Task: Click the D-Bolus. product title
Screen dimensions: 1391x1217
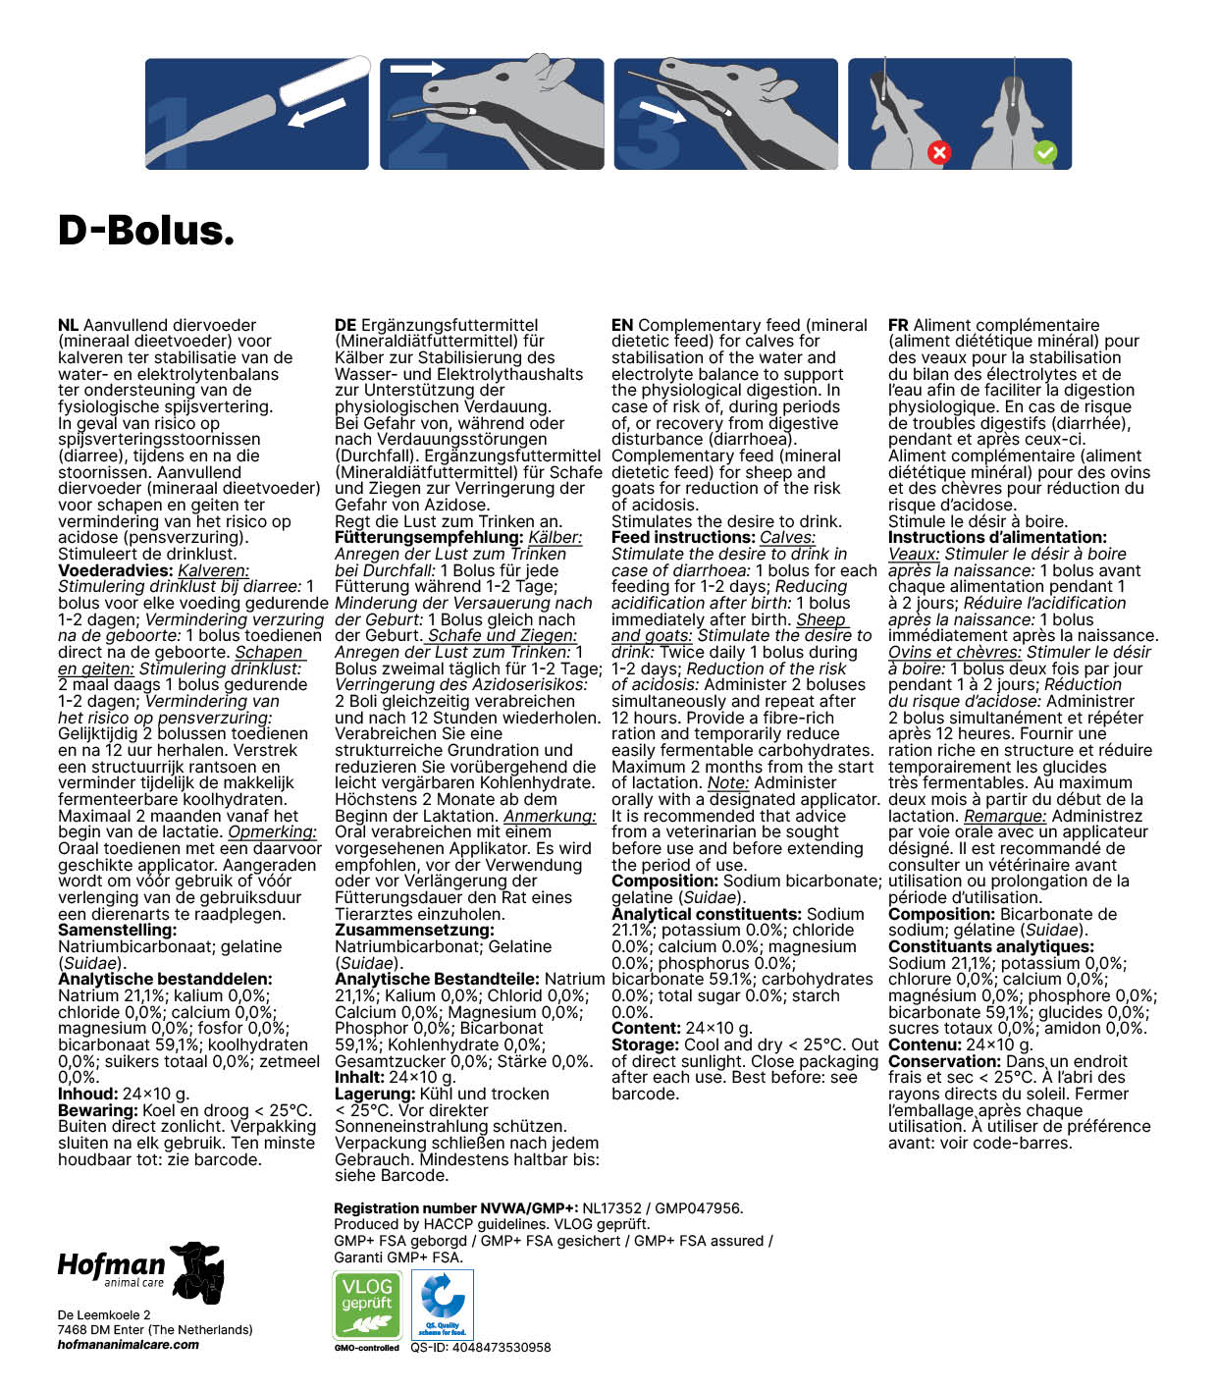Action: pyautogui.click(x=146, y=231)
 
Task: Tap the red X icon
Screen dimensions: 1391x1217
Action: pyautogui.click(x=939, y=152)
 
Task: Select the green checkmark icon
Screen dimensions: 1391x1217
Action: pyautogui.click(x=1045, y=152)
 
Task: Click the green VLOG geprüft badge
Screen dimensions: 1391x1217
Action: pyautogui.click(x=368, y=1304)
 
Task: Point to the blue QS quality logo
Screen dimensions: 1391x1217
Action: pyautogui.click(x=443, y=1304)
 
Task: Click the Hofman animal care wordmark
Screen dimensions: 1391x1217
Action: pyautogui.click(x=111, y=1267)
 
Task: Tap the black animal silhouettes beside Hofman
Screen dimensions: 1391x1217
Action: pyautogui.click(x=197, y=1272)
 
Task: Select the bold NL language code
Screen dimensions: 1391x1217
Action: pyautogui.click(x=68, y=325)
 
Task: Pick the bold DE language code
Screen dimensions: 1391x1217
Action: pyautogui.click(x=344, y=325)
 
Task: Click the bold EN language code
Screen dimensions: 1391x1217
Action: pyautogui.click(x=622, y=325)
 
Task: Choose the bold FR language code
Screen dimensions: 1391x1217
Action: pyautogui.click(x=898, y=325)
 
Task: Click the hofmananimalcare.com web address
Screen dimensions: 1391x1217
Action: pyautogui.click(x=128, y=1345)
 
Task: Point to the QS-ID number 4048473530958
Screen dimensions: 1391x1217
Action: pyautogui.click(x=481, y=1348)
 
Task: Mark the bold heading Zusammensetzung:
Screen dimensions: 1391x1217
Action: pyautogui.click(x=414, y=930)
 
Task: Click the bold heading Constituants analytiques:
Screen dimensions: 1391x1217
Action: pyautogui.click(x=990, y=946)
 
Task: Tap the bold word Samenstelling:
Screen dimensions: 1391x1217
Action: pyautogui.click(x=118, y=930)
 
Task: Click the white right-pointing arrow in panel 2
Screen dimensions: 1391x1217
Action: pyautogui.click(x=417, y=69)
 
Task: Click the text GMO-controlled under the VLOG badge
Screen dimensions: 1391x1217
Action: pyautogui.click(x=367, y=1348)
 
